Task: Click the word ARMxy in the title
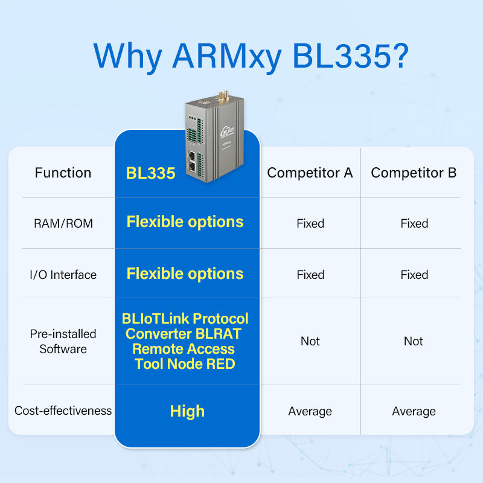[227, 56]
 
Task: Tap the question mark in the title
[400, 55]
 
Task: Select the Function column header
[63, 173]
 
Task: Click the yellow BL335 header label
[150, 173]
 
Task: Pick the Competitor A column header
[310, 173]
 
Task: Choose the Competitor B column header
[414, 173]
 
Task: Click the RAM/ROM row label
[63, 223]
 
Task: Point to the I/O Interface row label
[63, 275]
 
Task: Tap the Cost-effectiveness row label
[63, 411]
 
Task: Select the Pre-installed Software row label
[63, 341]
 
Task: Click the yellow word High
[187, 412]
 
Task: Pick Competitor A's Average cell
[310, 411]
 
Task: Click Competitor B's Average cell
[414, 411]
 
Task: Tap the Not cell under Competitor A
[310, 341]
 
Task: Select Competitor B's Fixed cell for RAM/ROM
[414, 223]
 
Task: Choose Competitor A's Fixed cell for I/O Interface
[310, 275]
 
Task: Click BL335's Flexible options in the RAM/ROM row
[185, 222]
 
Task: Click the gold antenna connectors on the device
[223, 96]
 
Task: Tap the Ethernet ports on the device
[192, 161]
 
